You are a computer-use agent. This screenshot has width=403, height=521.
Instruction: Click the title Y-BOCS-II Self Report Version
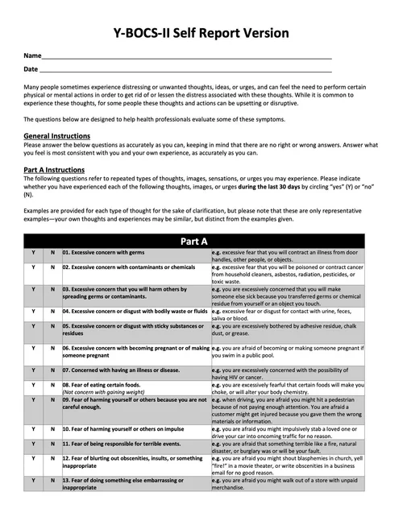coord(201,33)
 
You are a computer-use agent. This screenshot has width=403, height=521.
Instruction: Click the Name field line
coord(185,59)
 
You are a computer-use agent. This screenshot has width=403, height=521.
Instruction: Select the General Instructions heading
coord(57,137)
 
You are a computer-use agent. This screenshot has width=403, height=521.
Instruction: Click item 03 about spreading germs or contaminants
coord(128,292)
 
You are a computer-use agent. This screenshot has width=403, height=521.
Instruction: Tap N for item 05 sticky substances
coord(52,326)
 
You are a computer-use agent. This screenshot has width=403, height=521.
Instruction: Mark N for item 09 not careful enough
coord(52,399)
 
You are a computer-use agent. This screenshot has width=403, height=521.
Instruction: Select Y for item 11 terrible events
coord(33,444)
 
